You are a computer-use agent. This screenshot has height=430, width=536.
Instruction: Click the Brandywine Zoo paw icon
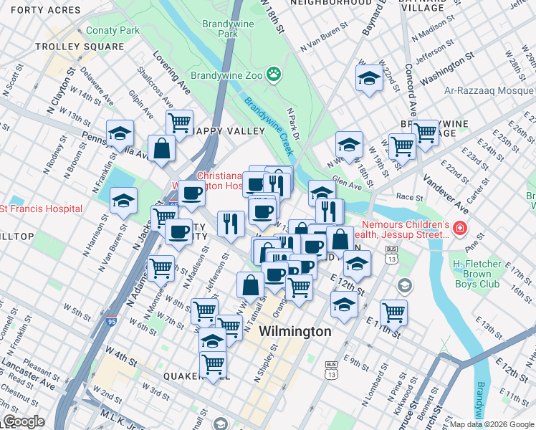[273, 74]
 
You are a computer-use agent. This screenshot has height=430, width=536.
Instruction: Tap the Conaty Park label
[113, 31]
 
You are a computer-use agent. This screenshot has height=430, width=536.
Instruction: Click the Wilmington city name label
[295, 332]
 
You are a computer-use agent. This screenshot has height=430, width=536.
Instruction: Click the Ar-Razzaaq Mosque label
[491, 91]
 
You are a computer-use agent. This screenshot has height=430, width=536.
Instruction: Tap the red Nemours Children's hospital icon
[459, 230]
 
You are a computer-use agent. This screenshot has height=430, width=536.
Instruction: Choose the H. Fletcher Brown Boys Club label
[486, 274]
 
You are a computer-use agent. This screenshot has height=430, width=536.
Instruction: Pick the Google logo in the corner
[24, 422]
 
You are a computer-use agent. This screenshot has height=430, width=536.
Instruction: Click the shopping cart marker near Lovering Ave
[179, 122]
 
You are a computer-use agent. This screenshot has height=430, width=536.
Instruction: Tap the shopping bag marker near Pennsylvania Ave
[162, 148]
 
